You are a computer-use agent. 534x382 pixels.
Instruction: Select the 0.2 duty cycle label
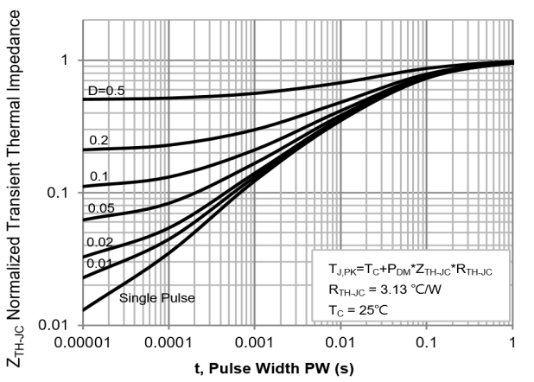[x=100, y=139]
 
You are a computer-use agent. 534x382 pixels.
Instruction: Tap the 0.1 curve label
[x=100, y=176]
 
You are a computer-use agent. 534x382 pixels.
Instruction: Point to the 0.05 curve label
[x=102, y=207]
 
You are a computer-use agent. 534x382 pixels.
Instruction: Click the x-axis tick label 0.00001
[x=83, y=342]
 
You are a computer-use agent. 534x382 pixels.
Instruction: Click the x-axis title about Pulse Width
[x=298, y=366]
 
